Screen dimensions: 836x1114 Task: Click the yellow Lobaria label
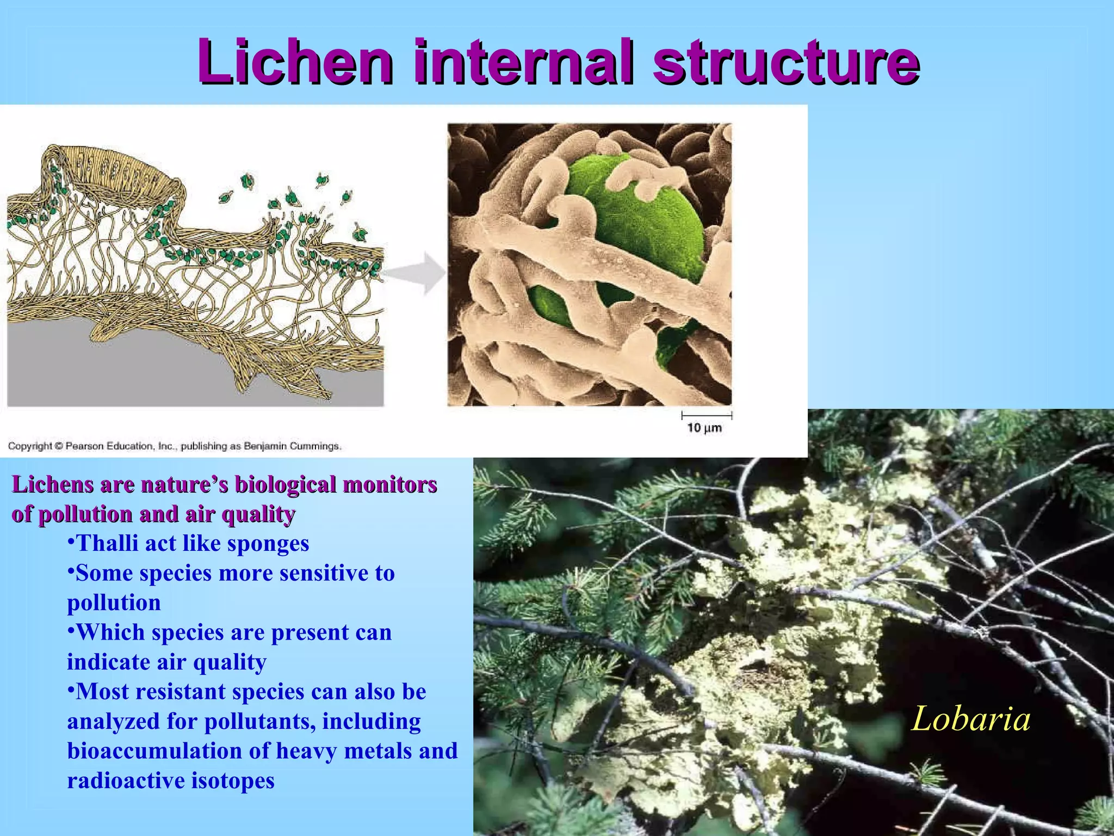(970, 718)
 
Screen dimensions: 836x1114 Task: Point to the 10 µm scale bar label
(704, 428)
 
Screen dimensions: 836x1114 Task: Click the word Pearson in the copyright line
(84, 446)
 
